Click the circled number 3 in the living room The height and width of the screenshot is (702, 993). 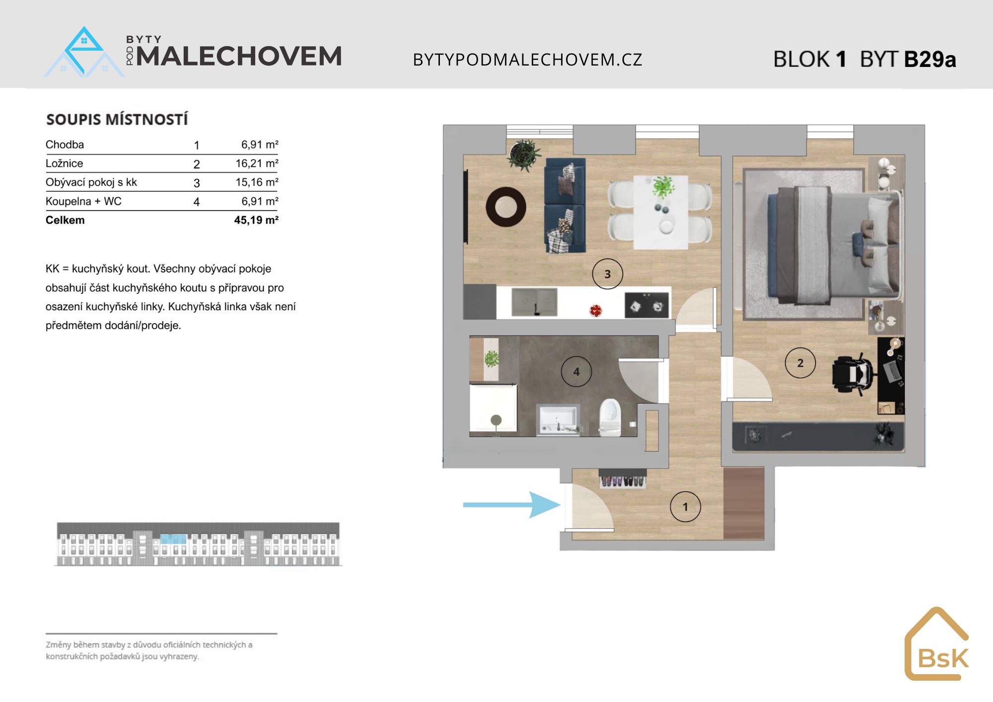607,274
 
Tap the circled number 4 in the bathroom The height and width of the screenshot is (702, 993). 576,371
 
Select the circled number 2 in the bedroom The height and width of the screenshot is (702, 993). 800,363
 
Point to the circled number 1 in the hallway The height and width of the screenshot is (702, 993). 685,507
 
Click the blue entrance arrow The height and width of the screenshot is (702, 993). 511,505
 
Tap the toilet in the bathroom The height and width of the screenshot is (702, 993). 610,418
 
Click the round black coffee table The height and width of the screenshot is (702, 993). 506,207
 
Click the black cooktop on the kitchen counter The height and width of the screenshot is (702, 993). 647,304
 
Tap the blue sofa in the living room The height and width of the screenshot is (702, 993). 565,206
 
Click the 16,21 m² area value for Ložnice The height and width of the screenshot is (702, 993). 257,163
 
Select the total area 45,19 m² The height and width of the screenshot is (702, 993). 256,220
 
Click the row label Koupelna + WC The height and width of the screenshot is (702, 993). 83,201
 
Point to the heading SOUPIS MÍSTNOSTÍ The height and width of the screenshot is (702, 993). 117,119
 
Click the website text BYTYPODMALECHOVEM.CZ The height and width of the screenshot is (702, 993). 528,60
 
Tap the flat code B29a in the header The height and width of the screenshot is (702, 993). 930,59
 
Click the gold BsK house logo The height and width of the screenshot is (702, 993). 936,644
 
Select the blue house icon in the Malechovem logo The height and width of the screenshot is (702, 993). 84,52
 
